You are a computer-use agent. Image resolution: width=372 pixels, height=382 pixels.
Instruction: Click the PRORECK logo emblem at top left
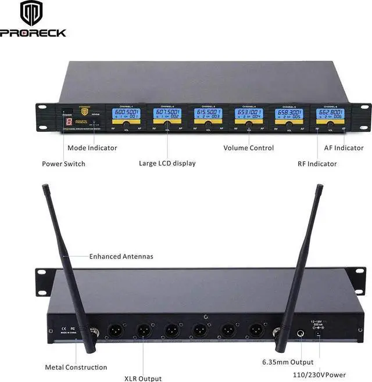33,13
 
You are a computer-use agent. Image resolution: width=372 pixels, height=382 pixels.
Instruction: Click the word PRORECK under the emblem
33,33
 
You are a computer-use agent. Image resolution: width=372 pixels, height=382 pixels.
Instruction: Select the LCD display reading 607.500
167,114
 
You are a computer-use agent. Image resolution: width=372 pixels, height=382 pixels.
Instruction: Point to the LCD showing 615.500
208,114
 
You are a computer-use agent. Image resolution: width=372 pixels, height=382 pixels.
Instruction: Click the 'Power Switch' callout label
63,164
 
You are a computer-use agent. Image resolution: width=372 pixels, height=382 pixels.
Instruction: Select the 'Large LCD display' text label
167,163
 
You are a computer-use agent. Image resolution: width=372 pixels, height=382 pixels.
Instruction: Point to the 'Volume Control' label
248,148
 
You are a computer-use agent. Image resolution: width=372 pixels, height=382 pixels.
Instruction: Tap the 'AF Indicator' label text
344,148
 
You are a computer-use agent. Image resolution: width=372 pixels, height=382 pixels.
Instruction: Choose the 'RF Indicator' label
317,164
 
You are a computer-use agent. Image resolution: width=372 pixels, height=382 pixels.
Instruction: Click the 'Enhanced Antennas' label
121,256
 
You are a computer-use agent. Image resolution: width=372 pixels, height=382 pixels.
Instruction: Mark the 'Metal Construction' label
76,367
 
